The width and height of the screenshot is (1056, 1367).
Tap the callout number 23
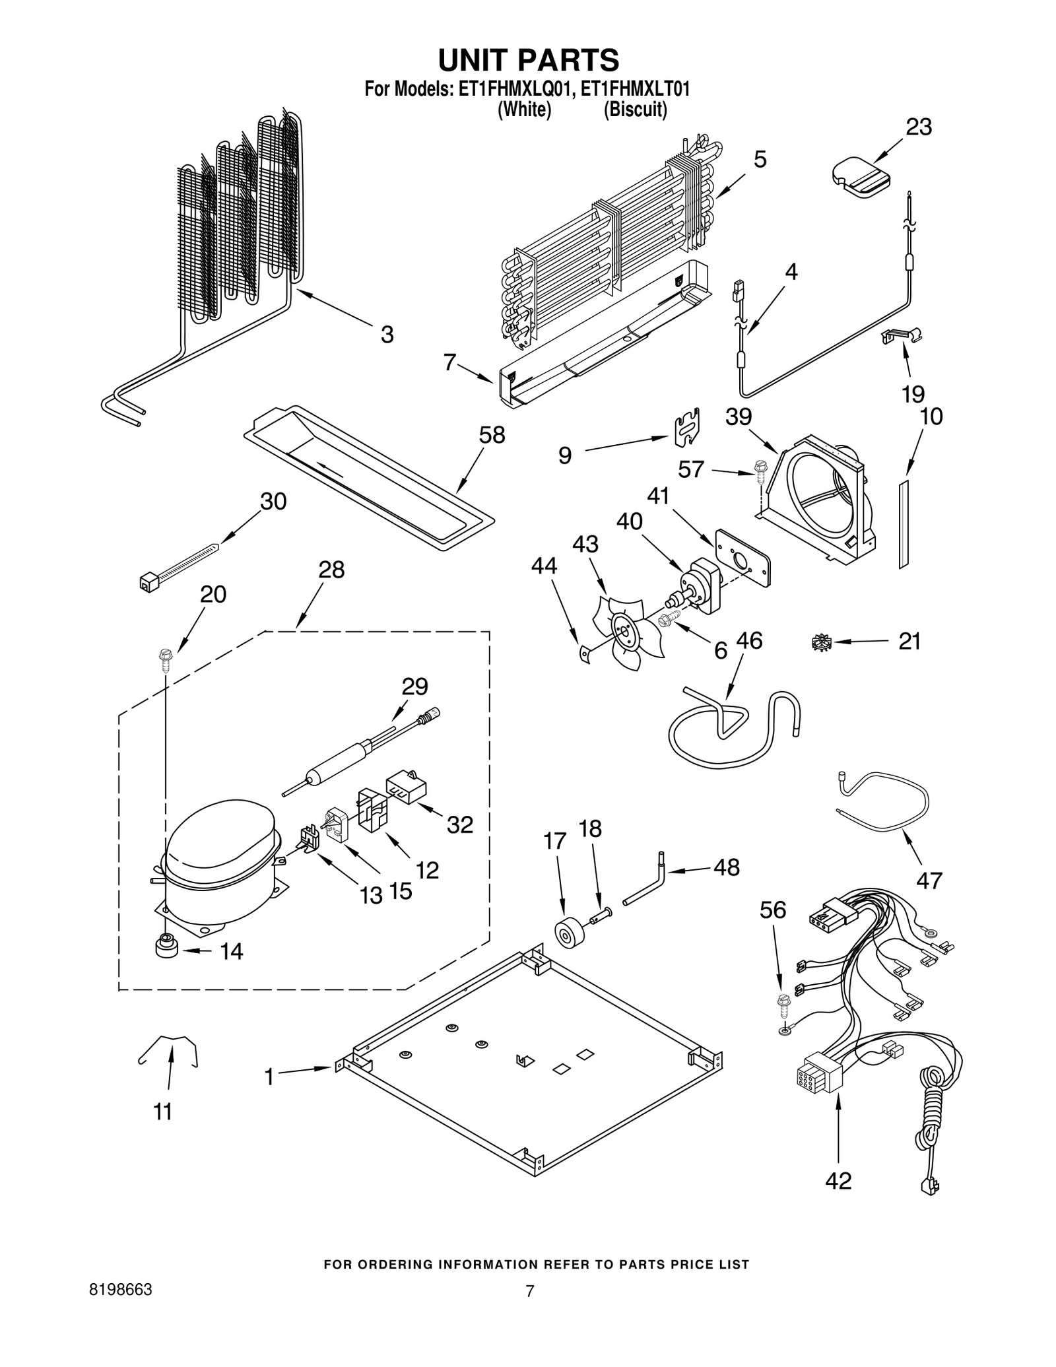(x=918, y=127)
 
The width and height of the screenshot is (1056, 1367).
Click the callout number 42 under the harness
(x=838, y=1180)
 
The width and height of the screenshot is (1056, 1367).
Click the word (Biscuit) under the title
(x=635, y=110)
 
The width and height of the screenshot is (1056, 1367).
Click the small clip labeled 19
(x=903, y=337)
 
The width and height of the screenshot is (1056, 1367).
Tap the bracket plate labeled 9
(x=686, y=428)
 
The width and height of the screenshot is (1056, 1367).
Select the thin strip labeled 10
(x=903, y=524)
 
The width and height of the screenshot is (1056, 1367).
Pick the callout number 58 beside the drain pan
(x=492, y=434)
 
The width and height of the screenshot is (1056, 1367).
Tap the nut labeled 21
(x=820, y=642)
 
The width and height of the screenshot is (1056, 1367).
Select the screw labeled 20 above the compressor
(x=165, y=659)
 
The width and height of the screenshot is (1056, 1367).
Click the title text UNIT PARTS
(x=528, y=59)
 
